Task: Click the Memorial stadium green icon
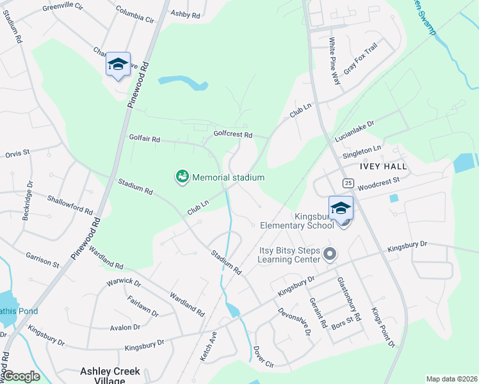point(183,177)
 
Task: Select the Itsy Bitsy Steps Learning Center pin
point(330,254)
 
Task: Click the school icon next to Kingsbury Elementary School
point(341,208)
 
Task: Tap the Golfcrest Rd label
point(233,135)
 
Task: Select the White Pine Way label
point(334,61)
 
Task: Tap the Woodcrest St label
point(378,184)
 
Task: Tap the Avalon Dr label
point(125,327)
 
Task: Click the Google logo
point(21,376)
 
